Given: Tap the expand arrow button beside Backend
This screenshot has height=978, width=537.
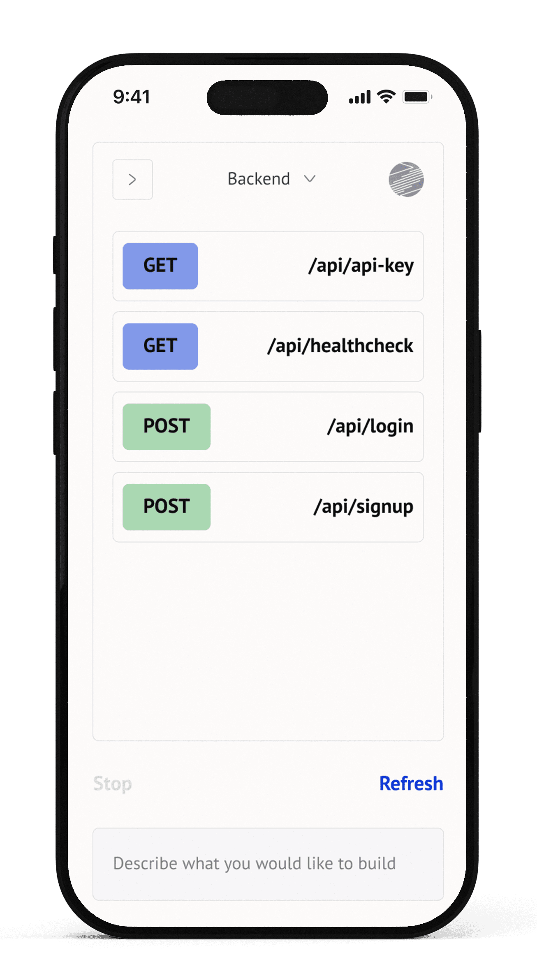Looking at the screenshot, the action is tap(132, 180).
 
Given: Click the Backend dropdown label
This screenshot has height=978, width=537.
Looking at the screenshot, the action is tap(259, 179).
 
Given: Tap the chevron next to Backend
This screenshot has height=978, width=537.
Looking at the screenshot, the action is tap(310, 179).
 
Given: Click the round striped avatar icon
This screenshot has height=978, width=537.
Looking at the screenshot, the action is tap(406, 179).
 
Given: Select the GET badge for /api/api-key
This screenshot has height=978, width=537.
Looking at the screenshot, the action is tap(160, 266).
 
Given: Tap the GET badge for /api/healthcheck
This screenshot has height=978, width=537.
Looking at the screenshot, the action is tap(160, 346).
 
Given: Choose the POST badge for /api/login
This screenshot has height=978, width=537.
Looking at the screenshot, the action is tap(166, 426).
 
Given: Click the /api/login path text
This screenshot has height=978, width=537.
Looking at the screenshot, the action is tap(370, 426).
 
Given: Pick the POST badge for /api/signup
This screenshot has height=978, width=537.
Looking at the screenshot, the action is tap(166, 506).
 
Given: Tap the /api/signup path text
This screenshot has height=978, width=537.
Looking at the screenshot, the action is tap(363, 506).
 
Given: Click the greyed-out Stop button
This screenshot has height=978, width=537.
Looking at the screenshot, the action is tap(112, 784).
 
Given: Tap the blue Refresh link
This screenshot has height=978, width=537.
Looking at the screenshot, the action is tap(411, 784).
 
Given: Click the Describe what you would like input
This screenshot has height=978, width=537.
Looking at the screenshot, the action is tap(268, 864).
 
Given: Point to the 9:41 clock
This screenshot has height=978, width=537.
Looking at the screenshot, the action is tap(132, 97).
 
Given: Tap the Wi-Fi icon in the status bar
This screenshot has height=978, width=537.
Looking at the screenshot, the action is tap(386, 97).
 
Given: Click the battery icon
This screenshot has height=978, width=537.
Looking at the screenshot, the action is tap(417, 97).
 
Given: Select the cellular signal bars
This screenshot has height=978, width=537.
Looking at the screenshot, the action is tap(360, 97).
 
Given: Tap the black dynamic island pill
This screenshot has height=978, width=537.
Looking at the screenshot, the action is tap(267, 98).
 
